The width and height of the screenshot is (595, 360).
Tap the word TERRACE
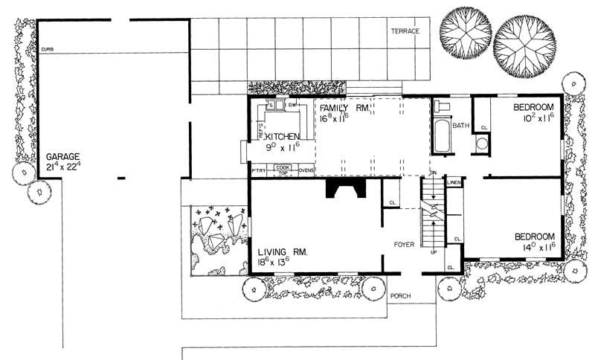point(405,31)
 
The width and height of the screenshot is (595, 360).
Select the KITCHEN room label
point(283,137)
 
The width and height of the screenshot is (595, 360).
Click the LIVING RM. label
point(283,252)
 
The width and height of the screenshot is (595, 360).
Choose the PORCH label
point(401,296)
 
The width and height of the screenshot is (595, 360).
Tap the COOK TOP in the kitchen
point(283,170)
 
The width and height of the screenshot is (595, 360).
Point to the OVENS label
point(306,171)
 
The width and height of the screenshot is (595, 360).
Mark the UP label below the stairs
point(434,252)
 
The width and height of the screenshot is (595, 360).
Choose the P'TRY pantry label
point(259,171)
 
